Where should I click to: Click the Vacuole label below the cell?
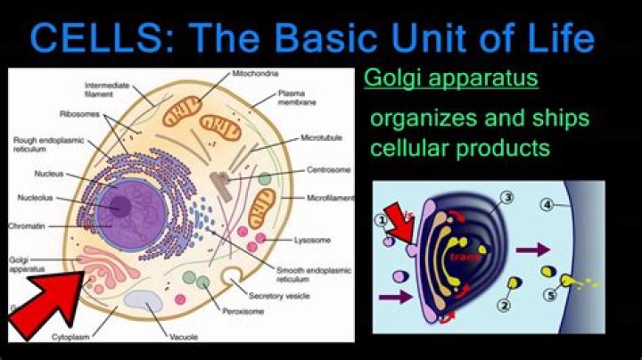point(184,338)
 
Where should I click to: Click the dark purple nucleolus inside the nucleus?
point(119,207)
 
